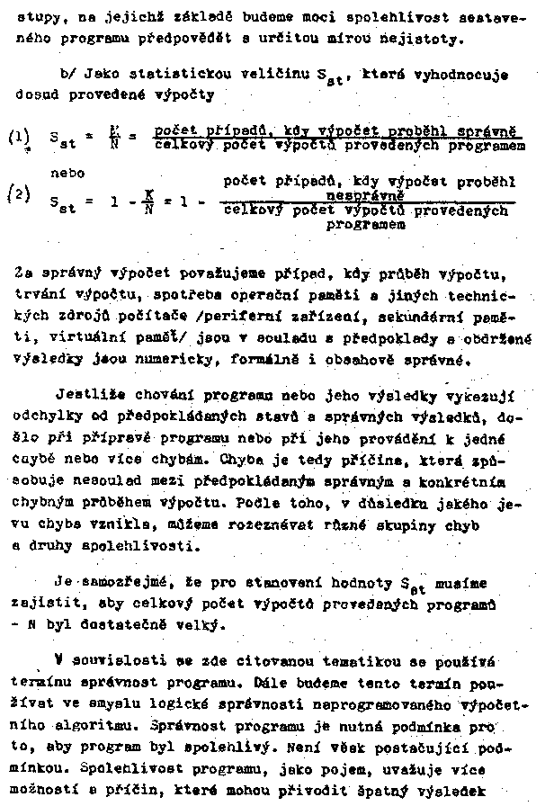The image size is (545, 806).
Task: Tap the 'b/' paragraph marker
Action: [x=66, y=76]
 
